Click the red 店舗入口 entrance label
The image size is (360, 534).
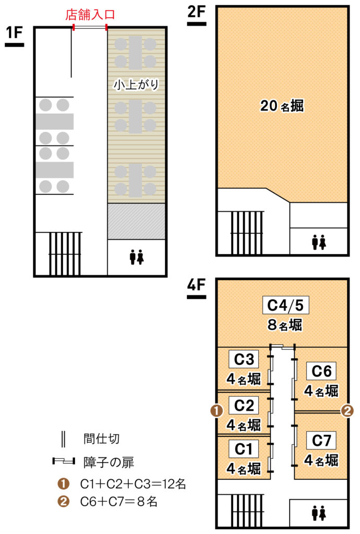90,15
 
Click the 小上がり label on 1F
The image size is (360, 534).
136,84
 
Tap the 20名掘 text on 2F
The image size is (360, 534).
282,106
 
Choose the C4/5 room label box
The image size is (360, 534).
286,305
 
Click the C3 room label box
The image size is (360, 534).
244,359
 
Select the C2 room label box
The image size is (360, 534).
244,405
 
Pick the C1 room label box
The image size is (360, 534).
244,449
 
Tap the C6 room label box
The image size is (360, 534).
321,371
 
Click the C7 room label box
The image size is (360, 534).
321,440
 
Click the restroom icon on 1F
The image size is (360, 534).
137,257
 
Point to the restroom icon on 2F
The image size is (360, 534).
319,242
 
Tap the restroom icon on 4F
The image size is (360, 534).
319,513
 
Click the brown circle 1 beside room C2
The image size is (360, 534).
217,411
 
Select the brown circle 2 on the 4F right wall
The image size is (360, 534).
347,411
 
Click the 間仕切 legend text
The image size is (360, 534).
102,439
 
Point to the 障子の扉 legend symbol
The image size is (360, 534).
64,462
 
